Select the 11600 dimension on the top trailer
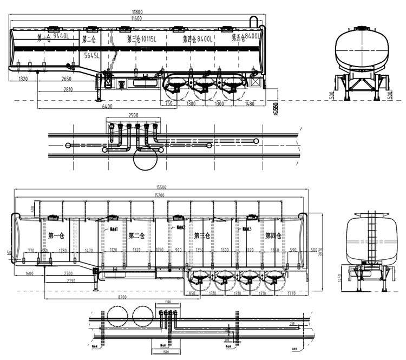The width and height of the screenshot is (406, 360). click(x=136, y=18)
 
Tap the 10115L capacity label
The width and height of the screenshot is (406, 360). click(x=147, y=39)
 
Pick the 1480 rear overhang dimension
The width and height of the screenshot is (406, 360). click(x=250, y=103)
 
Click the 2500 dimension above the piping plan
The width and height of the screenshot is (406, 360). click(x=134, y=115)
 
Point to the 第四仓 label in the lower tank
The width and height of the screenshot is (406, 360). click(x=273, y=235)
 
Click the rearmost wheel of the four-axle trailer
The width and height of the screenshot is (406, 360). click(x=276, y=281)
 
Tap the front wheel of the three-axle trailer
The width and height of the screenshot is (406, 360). click(x=175, y=86)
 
